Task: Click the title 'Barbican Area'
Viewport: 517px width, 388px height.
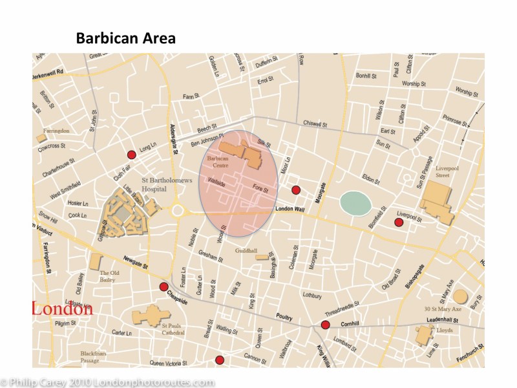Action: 125,38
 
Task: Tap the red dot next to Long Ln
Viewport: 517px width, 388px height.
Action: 131,154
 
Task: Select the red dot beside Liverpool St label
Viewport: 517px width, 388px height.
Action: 399,222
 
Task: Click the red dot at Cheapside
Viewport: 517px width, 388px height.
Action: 164,286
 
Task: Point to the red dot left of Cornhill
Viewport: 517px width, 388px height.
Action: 325,325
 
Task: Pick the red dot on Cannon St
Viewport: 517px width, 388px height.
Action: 220,360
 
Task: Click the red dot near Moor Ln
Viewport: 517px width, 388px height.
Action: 296,189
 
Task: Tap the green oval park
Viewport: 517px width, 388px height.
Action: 355,203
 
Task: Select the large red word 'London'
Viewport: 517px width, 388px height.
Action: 62,308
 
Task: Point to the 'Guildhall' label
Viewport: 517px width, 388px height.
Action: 246,250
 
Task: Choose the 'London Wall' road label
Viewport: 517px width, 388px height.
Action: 289,209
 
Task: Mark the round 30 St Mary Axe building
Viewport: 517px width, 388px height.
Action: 459,297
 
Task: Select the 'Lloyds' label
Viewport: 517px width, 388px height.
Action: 445,330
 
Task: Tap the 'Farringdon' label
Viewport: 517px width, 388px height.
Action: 56,131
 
